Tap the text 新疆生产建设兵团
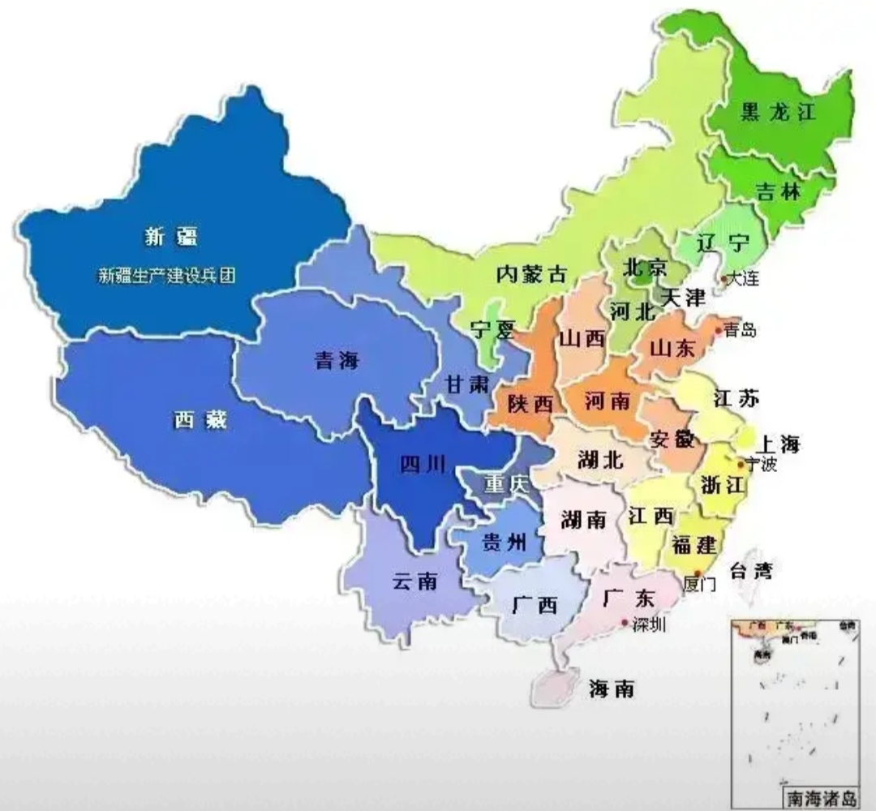click(x=166, y=276)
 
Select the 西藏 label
click(x=200, y=420)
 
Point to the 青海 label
click(x=336, y=361)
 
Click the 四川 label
click(x=423, y=464)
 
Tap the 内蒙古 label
click(x=531, y=274)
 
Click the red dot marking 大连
click(x=724, y=279)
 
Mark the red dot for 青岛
click(x=719, y=330)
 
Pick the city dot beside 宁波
click(x=741, y=465)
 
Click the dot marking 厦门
click(x=697, y=573)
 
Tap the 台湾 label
click(x=750, y=570)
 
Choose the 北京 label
click(x=644, y=267)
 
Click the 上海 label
click(x=777, y=444)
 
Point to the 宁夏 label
click(x=492, y=330)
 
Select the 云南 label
click(x=415, y=581)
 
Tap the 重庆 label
click(x=506, y=484)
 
